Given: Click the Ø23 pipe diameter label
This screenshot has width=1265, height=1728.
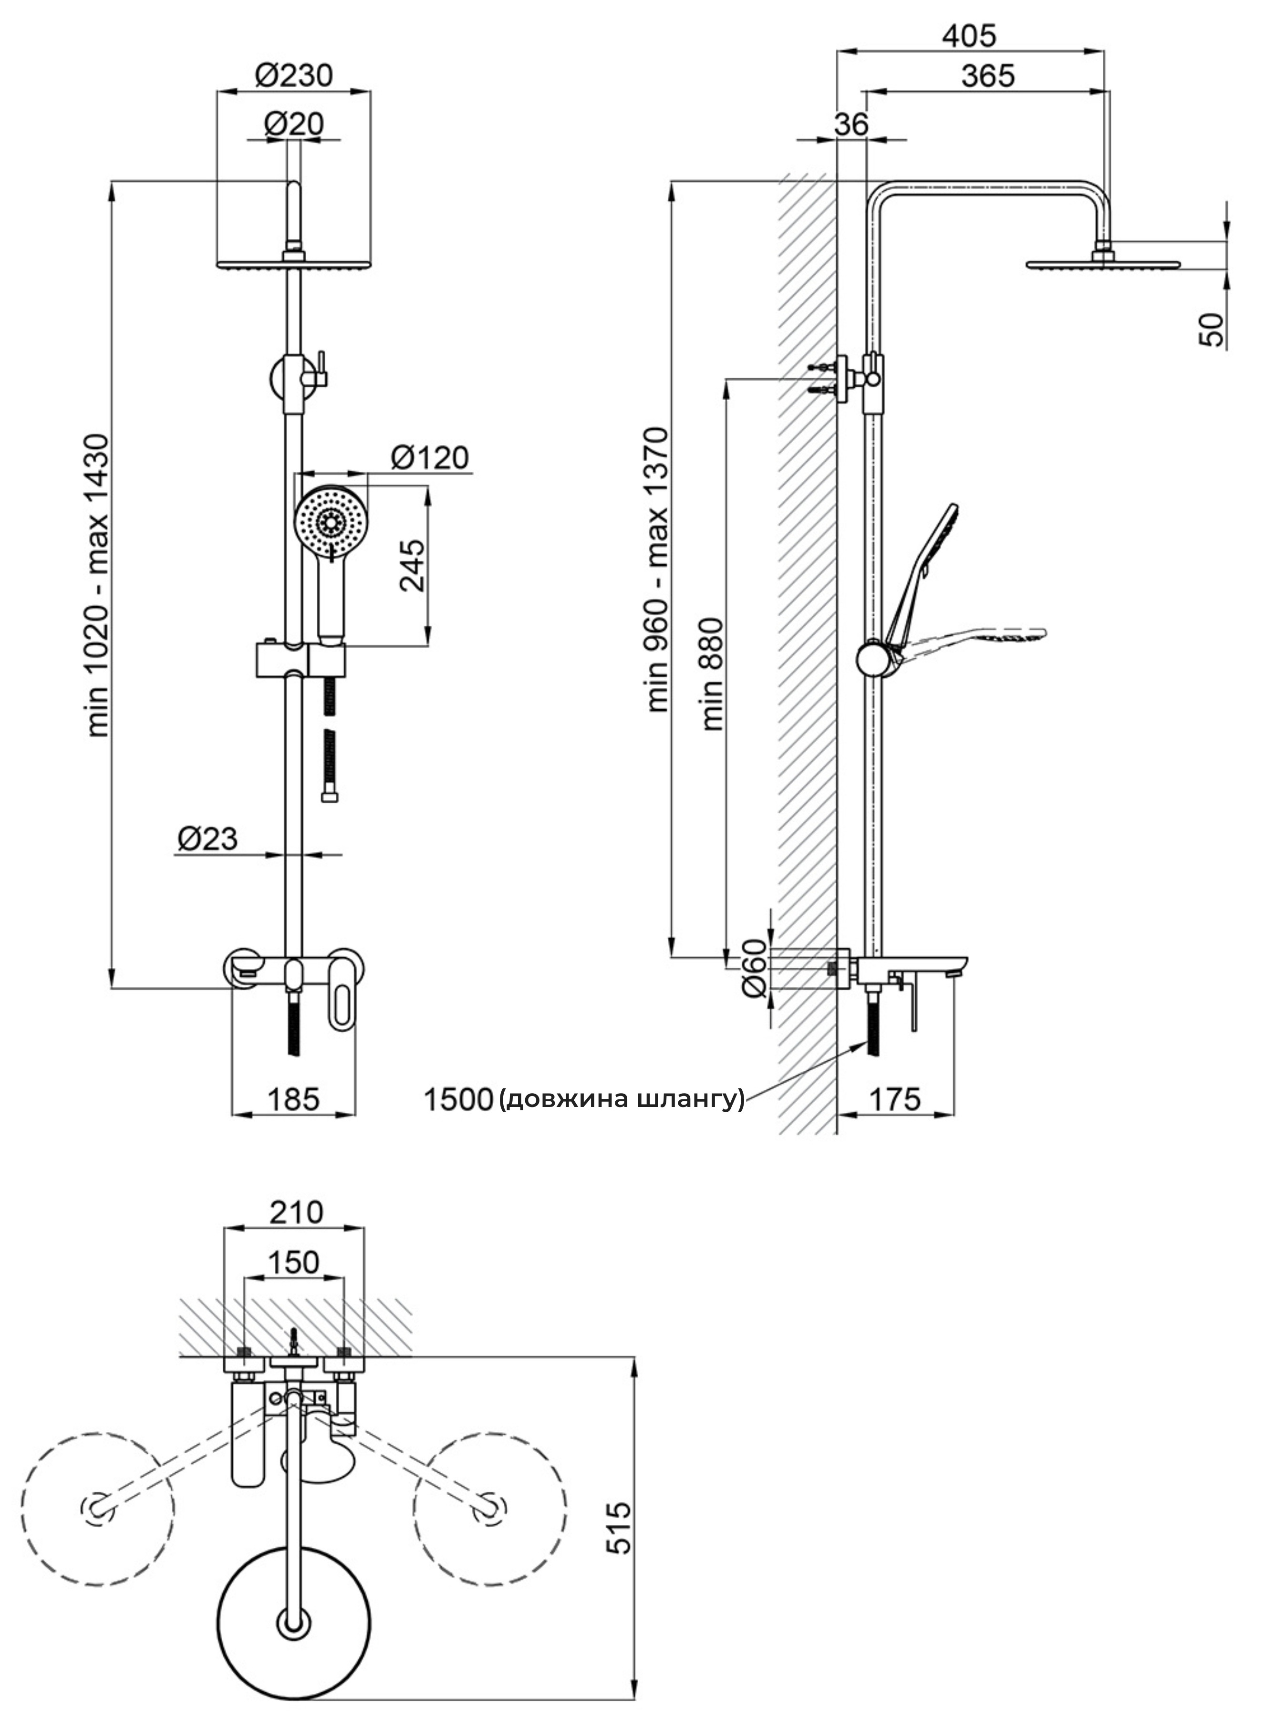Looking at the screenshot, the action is tap(207, 838).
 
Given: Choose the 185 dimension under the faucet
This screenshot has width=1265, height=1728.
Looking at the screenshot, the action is tap(293, 1099).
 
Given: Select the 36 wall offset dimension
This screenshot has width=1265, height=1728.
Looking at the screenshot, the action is tap(851, 124).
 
